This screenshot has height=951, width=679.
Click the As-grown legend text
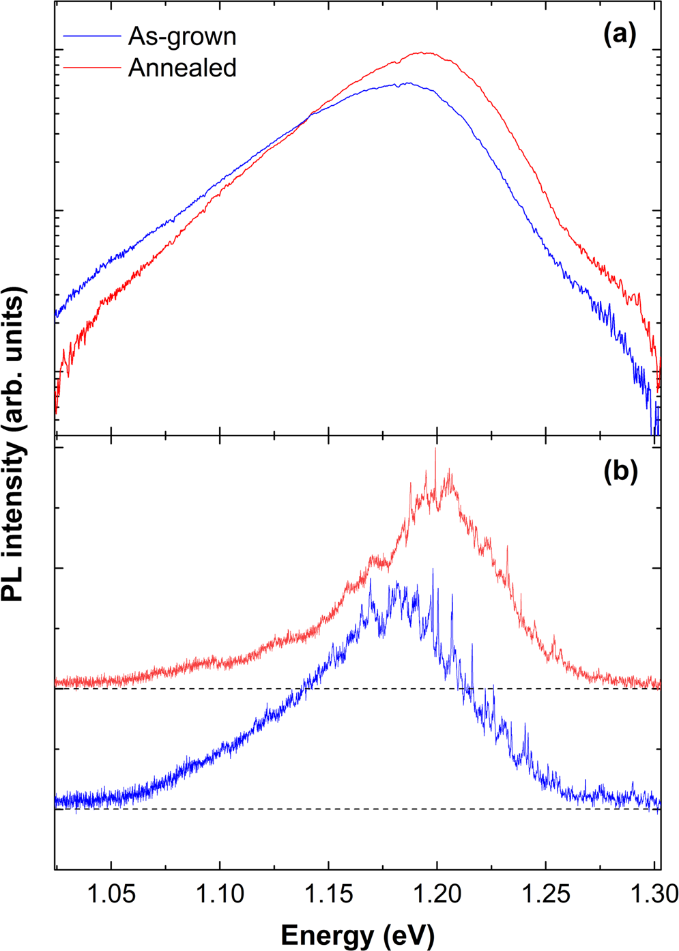click(182, 36)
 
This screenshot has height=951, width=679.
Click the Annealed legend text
click(182, 68)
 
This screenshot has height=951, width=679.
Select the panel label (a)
click(620, 33)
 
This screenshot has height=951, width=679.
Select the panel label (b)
click(620, 472)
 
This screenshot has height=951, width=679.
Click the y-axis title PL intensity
click(15, 444)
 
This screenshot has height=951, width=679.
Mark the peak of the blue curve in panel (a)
click(407, 83)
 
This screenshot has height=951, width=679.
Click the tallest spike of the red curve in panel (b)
click(435, 449)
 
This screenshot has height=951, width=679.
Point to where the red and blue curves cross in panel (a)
click(310, 113)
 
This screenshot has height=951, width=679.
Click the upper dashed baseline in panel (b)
click(205, 689)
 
